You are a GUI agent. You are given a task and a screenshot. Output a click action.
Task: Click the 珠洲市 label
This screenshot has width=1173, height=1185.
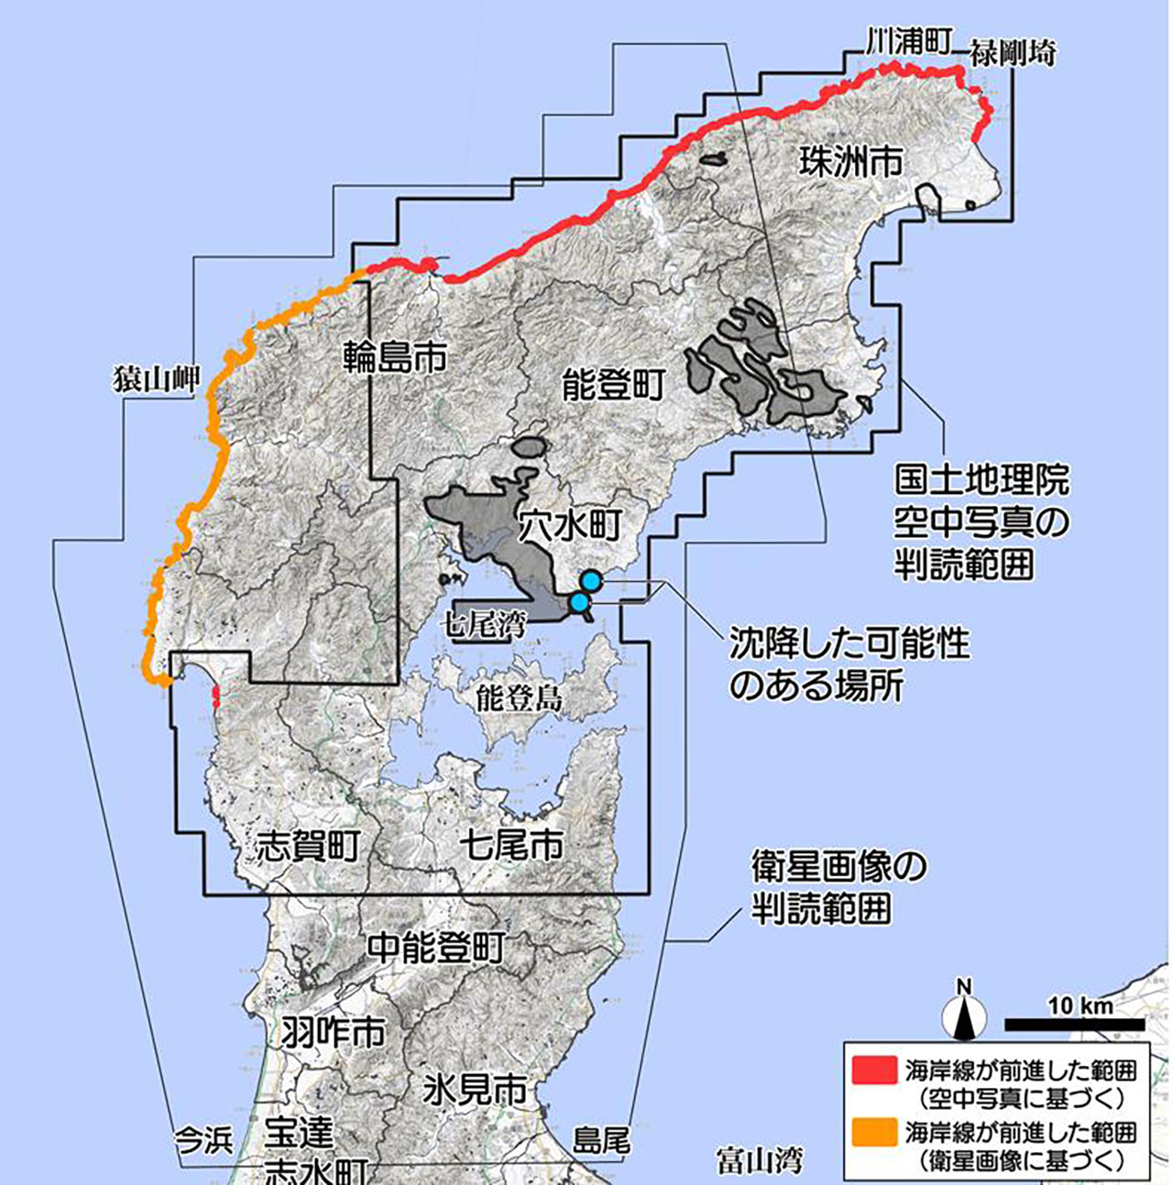click(850, 162)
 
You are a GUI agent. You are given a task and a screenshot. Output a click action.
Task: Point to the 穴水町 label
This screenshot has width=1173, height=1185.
click(569, 526)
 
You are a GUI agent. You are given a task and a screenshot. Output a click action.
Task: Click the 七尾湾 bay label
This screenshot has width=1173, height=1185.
click(487, 627)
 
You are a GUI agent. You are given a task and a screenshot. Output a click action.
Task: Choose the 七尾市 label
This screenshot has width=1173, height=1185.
click(511, 844)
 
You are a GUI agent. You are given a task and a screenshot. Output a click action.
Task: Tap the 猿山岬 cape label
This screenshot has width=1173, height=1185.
click(156, 379)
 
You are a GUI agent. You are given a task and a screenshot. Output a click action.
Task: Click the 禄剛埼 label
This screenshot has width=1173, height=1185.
click(1014, 53)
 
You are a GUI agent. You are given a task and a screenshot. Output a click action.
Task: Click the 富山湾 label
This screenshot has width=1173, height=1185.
click(760, 1160)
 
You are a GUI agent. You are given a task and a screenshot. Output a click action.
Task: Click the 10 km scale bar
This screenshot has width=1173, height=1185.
click(1074, 1023)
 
